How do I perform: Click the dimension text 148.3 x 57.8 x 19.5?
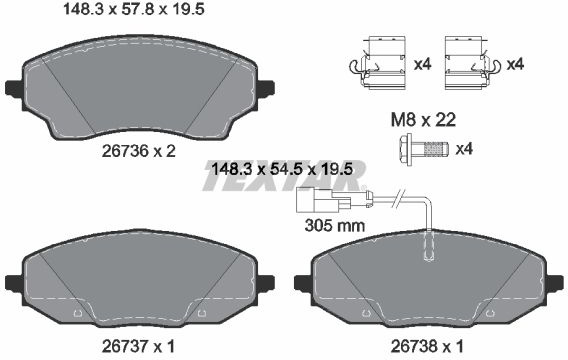click(x=134, y=9)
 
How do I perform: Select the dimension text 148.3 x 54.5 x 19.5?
click(x=282, y=169)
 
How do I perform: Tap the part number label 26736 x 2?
click(x=138, y=151)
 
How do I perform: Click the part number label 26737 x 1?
click(x=138, y=347)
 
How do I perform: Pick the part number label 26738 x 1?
click(x=427, y=347)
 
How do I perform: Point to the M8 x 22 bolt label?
click(x=423, y=120)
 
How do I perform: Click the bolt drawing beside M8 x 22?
click(x=423, y=149)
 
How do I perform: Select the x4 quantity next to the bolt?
click(x=464, y=148)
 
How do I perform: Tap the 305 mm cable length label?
click(x=335, y=226)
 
